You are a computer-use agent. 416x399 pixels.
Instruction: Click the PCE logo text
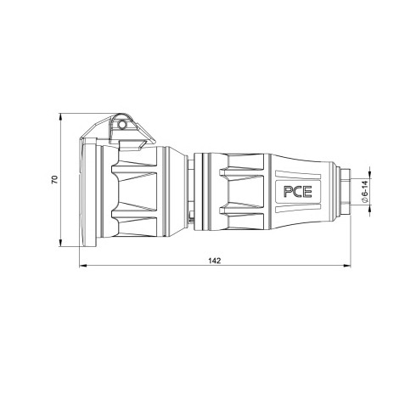pos(298,192)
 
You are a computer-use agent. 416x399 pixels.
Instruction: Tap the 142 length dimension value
pos(214,261)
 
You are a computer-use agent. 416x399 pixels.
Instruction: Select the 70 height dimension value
pos(54,179)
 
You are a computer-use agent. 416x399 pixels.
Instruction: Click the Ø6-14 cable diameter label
pos(365,192)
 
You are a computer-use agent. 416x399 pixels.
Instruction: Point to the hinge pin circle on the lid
pos(122,125)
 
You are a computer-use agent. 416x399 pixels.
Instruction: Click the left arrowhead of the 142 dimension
pos(82,266)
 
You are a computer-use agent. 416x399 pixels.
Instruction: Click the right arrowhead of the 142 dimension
pos(347,266)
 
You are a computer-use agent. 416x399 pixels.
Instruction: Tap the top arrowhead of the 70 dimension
pos(60,117)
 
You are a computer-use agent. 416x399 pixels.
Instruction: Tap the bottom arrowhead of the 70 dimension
pos(60,243)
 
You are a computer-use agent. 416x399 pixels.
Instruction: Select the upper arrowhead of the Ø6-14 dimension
pos(370,175)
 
